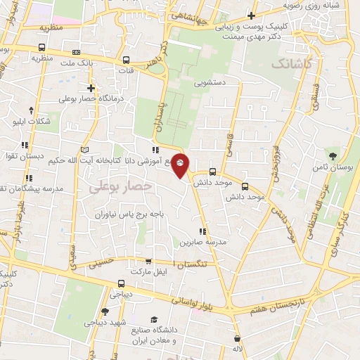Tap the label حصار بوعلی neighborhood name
(121, 186)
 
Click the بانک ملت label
(76, 64)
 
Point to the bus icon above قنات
(127, 60)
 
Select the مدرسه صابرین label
(204, 242)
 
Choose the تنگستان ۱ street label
(192, 263)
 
